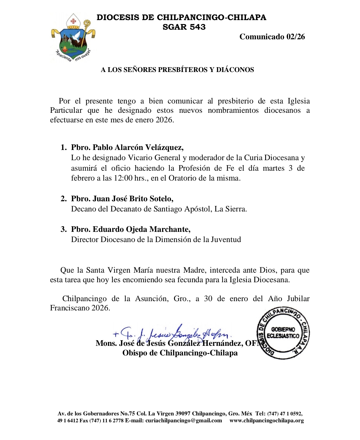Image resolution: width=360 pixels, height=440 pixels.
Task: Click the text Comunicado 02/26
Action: (272, 37)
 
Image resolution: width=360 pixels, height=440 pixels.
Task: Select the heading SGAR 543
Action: (184, 27)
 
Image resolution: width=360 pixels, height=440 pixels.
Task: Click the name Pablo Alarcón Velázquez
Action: (138, 148)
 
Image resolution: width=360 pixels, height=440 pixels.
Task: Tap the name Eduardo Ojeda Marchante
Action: (141, 229)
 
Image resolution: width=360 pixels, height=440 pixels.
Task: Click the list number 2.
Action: (64, 199)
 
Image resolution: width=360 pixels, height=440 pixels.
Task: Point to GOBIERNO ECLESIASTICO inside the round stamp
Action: (283, 333)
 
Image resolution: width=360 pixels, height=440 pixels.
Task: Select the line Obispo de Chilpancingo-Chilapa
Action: (180, 353)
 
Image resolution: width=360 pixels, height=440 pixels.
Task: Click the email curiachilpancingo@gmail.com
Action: (184, 421)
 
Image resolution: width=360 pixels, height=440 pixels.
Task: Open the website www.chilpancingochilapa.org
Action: (267, 421)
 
